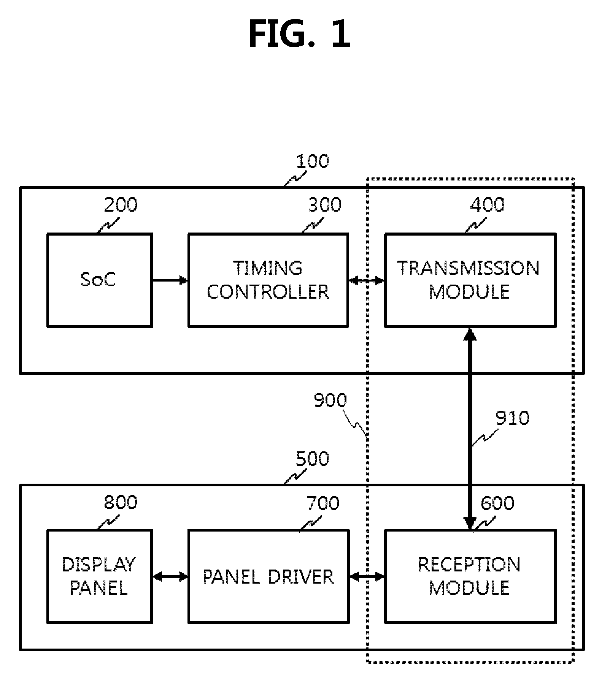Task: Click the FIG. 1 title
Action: point(299,34)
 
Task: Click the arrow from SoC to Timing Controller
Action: point(170,280)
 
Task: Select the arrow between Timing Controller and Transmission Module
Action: point(367,280)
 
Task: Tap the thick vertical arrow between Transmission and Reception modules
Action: point(470,428)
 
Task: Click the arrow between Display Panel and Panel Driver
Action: point(170,577)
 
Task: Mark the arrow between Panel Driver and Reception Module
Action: point(367,577)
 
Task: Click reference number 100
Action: point(312,161)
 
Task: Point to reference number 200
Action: point(121,205)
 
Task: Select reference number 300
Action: point(324,205)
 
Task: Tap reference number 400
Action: point(487,205)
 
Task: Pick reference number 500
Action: point(312,459)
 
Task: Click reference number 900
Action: point(330,400)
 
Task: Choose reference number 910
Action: point(512,418)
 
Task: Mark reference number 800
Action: point(121,502)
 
